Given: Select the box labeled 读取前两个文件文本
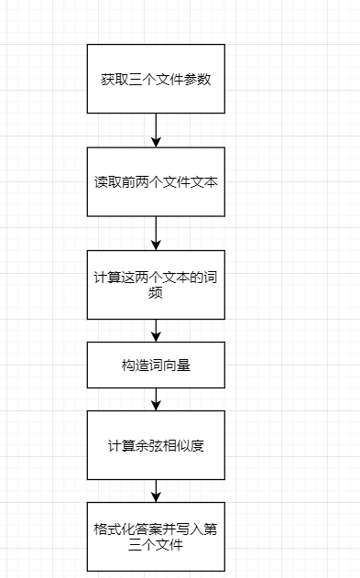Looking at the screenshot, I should click(156, 182).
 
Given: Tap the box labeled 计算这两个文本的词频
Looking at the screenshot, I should click(156, 284).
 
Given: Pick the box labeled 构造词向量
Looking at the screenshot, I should click(156, 365).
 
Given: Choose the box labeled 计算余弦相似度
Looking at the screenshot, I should click(156, 445).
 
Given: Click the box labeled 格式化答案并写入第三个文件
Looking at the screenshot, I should click(156, 537).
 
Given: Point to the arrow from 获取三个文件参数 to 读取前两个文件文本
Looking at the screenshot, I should click(156, 131).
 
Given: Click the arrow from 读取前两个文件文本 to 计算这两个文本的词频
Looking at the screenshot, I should click(156, 233).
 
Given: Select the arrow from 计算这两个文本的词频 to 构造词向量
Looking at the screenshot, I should click(156, 330).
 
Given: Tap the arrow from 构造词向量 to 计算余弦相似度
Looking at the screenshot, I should click(156, 399).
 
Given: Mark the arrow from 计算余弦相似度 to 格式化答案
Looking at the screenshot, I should click(156, 491).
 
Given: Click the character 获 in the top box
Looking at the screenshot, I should click(107, 79).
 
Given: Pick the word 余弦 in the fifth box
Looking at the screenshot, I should click(144, 446).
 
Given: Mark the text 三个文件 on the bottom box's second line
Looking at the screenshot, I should click(156, 547).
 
